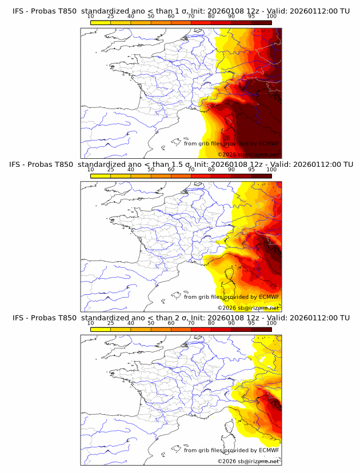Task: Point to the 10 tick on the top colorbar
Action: pyautogui.click(x=91, y=17)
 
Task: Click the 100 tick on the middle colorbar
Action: pyautogui.click(x=271, y=170)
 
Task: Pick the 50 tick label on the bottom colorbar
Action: pyautogui.click(x=151, y=323)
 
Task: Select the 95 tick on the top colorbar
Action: pyautogui.click(x=251, y=17)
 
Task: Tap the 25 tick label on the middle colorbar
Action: pyautogui.click(x=111, y=170)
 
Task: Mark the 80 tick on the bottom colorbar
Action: pyautogui.click(x=211, y=323)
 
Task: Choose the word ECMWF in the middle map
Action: pyautogui.click(x=269, y=297)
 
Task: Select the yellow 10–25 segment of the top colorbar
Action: pyautogui.click(x=101, y=22)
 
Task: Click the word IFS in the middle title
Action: pyautogui.click(x=18, y=165)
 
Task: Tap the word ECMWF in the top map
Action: pyautogui.click(x=269, y=143)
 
